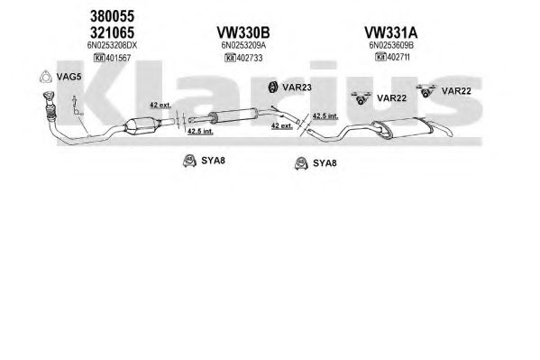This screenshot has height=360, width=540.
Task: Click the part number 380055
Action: (x=112, y=16)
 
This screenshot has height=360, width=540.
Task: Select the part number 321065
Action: (x=112, y=32)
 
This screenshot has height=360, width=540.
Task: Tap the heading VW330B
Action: (x=243, y=32)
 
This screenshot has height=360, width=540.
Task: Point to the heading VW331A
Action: (x=391, y=32)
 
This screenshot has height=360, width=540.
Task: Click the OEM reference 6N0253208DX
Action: (x=112, y=45)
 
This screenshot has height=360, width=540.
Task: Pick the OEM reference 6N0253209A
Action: (x=243, y=45)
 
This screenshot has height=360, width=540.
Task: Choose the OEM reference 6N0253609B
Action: (x=391, y=45)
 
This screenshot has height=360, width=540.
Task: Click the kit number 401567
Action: (x=118, y=58)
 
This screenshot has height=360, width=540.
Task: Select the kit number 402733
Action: (x=250, y=58)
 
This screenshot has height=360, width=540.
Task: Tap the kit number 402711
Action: (x=398, y=57)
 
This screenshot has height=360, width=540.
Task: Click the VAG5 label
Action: (x=69, y=77)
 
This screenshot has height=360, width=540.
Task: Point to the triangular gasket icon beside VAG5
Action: (x=45, y=77)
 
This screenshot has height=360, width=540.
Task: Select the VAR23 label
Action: (x=297, y=88)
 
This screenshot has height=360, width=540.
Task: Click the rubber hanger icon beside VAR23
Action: (x=273, y=87)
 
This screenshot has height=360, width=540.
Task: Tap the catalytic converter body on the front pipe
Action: (x=142, y=125)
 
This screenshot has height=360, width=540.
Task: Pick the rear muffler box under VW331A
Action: (x=402, y=128)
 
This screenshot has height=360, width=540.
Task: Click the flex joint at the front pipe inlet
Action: (x=50, y=110)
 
